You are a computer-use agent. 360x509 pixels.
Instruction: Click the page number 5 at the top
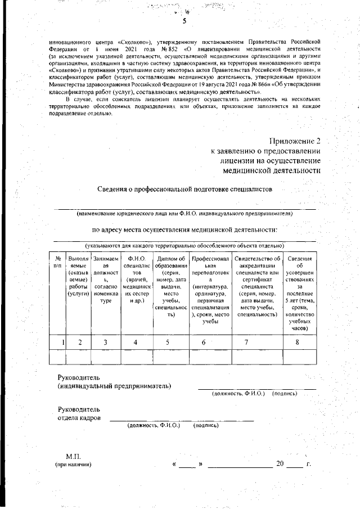(184, 21)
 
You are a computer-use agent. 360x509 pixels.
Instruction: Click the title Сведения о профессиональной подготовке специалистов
(184, 190)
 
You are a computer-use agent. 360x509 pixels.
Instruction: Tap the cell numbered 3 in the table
(105, 341)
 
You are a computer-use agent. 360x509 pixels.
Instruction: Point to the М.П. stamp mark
(74, 456)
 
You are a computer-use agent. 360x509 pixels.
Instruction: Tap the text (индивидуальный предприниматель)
(114, 385)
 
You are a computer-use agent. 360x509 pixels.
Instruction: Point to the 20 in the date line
(280, 464)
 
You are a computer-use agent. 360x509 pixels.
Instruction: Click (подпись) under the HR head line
(205, 426)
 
